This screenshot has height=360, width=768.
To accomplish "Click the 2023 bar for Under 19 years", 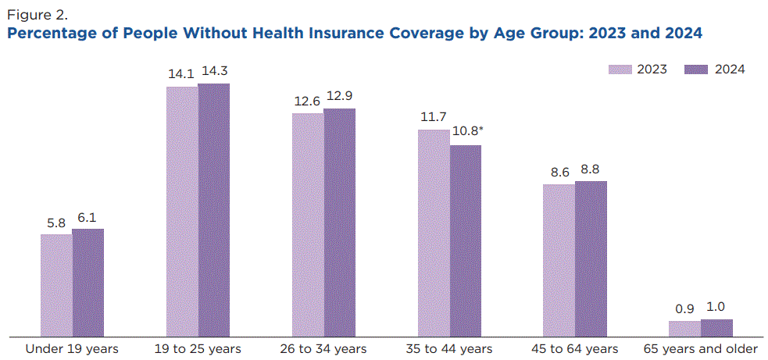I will click(x=56, y=285).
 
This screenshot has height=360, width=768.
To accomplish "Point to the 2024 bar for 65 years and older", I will click(x=716, y=327).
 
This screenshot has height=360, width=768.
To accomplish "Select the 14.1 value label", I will click(x=180, y=73).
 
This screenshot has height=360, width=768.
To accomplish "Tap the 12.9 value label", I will click(x=339, y=95).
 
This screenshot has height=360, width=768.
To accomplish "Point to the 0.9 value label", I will click(x=684, y=308).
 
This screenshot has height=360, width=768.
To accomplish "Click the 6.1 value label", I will click(x=88, y=217).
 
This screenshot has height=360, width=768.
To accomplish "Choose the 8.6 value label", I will click(x=559, y=172).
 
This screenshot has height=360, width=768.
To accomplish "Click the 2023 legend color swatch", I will click(x=620, y=70).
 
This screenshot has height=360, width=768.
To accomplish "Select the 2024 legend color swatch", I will click(x=695, y=70).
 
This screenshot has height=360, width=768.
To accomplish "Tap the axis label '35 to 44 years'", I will click(x=449, y=348).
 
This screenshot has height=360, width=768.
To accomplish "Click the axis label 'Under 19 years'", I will click(x=72, y=348).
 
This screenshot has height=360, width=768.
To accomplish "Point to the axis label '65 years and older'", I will click(x=700, y=348).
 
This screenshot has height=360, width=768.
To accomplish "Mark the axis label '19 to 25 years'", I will click(x=198, y=348).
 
